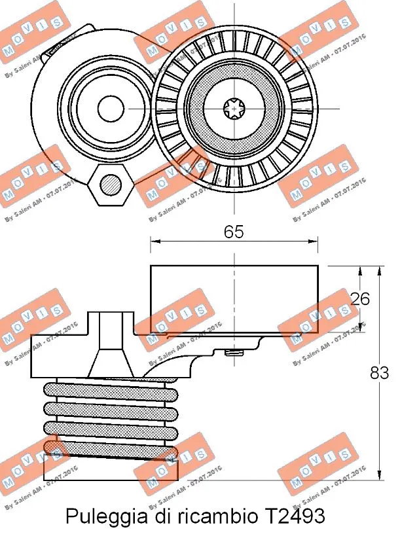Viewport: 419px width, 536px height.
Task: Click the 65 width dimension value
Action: [x=234, y=231]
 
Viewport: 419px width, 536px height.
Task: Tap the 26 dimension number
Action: [x=359, y=298]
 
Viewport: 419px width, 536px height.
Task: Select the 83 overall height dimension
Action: [x=379, y=372]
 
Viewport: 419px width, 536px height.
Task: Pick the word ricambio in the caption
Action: [x=213, y=516]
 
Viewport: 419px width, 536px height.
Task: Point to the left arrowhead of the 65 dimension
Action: [x=155, y=241]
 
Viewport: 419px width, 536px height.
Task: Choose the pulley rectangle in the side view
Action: [x=234, y=298]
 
